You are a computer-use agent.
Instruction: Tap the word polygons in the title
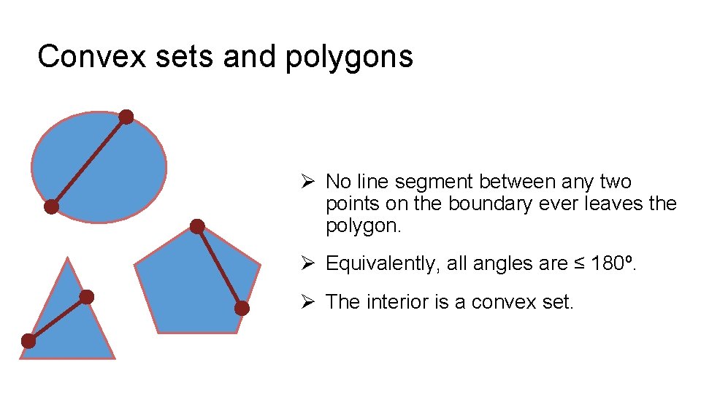coord(349,57)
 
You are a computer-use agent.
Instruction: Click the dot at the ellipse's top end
coord(126,117)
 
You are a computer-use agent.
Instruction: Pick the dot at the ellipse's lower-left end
coord(51,206)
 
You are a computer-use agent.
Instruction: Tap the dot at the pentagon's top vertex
coord(197,226)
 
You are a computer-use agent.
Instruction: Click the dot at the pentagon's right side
coord(242,308)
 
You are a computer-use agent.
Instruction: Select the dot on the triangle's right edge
coord(86,296)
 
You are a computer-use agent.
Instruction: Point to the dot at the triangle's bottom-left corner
coord(28,341)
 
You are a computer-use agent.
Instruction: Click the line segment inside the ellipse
coord(88,162)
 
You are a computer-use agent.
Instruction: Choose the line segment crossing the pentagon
coord(219,267)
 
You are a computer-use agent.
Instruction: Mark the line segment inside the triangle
coord(57,319)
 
